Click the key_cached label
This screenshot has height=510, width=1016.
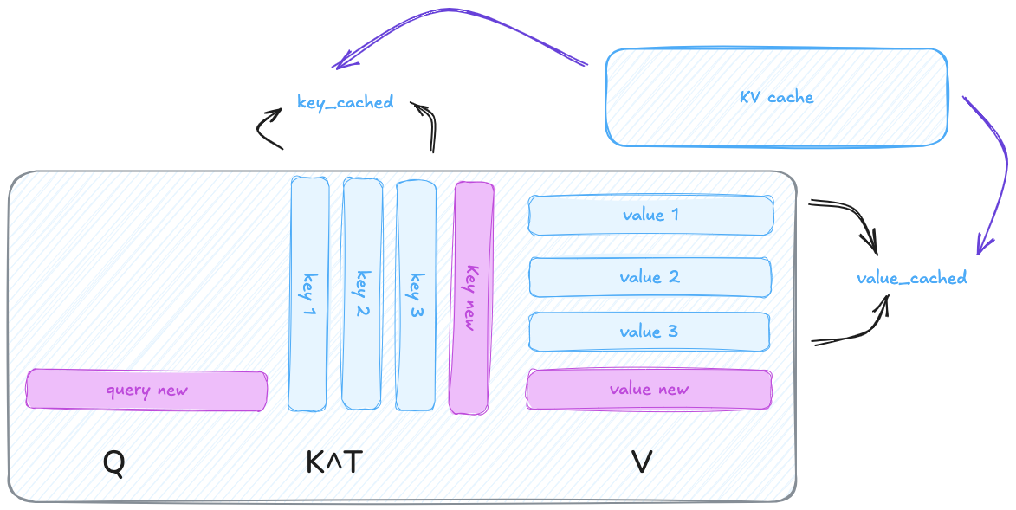click(x=345, y=102)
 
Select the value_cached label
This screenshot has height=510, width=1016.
click(x=911, y=278)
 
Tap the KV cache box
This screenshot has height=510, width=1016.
click(x=777, y=97)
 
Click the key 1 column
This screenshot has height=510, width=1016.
click(x=309, y=294)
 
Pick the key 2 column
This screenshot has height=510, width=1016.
click(x=362, y=294)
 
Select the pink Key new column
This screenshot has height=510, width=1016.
click(x=472, y=297)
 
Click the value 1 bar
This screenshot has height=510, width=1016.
click(x=650, y=215)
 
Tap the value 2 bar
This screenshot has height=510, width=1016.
click(x=650, y=277)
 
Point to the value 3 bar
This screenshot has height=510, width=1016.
click(x=649, y=332)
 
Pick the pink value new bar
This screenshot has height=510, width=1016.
click(x=649, y=390)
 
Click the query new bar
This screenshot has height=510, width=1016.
click(x=146, y=391)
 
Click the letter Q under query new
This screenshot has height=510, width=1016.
click(x=113, y=462)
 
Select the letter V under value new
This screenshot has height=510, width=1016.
click(x=642, y=462)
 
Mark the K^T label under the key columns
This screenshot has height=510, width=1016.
click(x=333, y=462)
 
